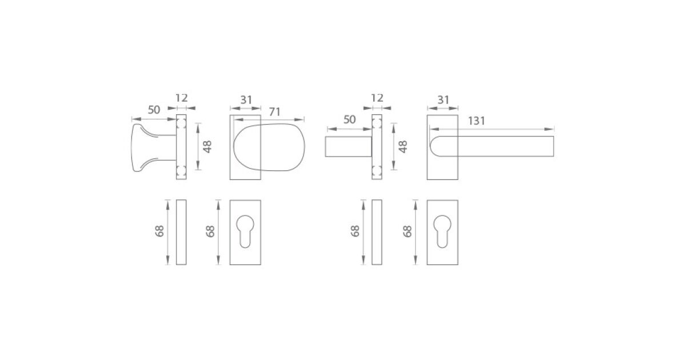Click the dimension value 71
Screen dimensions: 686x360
point(275,112)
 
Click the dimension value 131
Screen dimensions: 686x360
point(477,121)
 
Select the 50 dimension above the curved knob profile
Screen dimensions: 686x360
point(154,110)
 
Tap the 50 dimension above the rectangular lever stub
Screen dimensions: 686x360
point(349,119)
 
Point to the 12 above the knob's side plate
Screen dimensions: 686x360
point(181,98)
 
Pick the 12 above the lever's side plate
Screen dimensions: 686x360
point(377,98)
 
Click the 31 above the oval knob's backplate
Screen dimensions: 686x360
point(246,100)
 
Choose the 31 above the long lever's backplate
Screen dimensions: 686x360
point(443,100)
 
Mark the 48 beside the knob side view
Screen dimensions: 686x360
point(208,147)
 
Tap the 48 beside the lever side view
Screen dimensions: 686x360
point(403,147)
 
